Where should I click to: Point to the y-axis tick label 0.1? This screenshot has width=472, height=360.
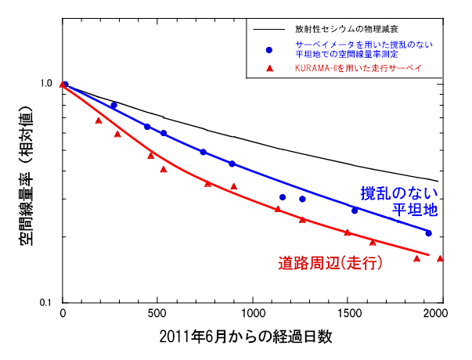pos(45,303)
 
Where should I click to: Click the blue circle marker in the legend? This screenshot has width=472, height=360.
pos(269,49)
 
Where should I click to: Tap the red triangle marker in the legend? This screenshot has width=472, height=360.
pos(269,69)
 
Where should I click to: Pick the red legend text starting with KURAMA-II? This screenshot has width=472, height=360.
pos(352,69)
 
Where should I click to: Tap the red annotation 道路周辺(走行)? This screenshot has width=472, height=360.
pos(330,263)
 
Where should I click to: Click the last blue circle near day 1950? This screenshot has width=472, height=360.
pos(428,233)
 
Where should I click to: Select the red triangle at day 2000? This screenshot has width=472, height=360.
pos(441,258)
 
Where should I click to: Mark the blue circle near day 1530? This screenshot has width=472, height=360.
pos(355,211)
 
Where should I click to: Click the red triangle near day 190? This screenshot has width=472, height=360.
pos(99,121)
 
